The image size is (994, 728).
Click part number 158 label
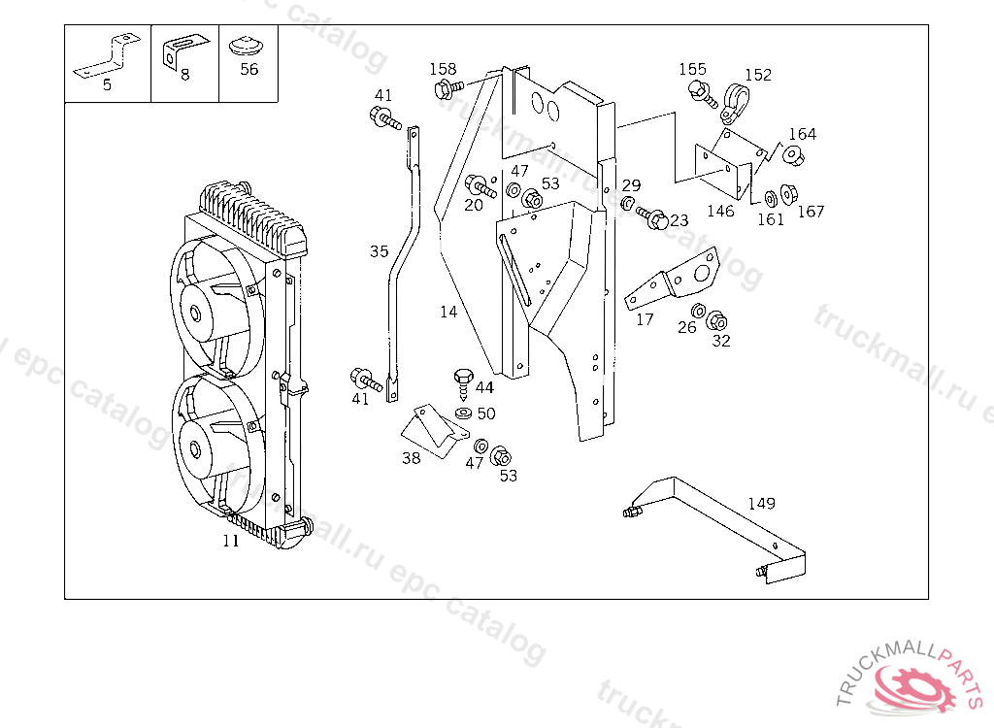pos(443,69)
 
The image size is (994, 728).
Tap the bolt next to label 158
pos(448,88)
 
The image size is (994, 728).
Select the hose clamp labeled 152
pos(736,102)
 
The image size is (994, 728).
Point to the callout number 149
pos(761,503)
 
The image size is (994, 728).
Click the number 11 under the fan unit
pos(231,541)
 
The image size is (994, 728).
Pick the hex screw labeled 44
pos(463,383)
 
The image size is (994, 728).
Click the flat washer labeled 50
pos(463,414)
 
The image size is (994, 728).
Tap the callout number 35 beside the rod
pos(380,251)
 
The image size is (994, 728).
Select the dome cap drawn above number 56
pos(247,47)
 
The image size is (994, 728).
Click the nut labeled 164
pos(792,155)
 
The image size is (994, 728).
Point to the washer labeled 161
pos(771,198)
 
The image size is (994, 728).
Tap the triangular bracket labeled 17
pos(674,279)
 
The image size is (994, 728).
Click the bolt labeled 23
pos(651,216)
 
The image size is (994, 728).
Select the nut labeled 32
pos(716,321)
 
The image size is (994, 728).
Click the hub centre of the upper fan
pos(194,314)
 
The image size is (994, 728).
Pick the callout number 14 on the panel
pos(448,312)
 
